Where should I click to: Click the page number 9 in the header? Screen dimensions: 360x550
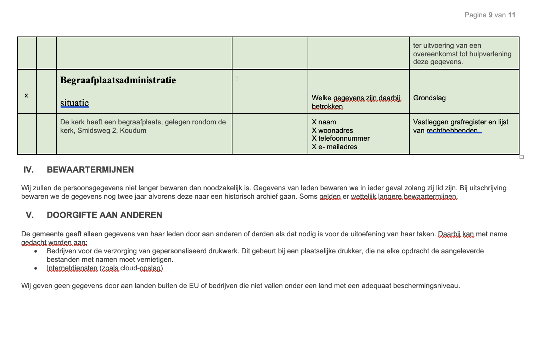[490, 15]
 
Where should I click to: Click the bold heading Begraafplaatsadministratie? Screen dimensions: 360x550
[118, 80]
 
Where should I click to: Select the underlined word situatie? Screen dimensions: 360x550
[74, 103]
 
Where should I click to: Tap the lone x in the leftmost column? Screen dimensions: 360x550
[26, 95]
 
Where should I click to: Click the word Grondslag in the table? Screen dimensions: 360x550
[429, 98]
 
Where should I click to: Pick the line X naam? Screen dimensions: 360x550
[324, 122]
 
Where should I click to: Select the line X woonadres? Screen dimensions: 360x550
[332, 130]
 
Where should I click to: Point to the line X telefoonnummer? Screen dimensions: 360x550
[341, 138]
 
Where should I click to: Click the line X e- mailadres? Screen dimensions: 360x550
[335, 147]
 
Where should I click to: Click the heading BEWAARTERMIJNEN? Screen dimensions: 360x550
[90, 170]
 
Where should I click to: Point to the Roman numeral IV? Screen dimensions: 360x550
[29, 170]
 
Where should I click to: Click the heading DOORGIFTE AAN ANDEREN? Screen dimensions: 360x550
[105, 215]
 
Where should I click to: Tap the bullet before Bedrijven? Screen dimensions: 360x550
[36, 251]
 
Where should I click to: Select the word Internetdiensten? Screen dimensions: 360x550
[72, 268]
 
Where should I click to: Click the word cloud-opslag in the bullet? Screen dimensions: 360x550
[141, 268]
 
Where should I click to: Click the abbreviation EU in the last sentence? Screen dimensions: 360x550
[194, 286]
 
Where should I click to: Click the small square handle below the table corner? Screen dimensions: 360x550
[522, 157]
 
